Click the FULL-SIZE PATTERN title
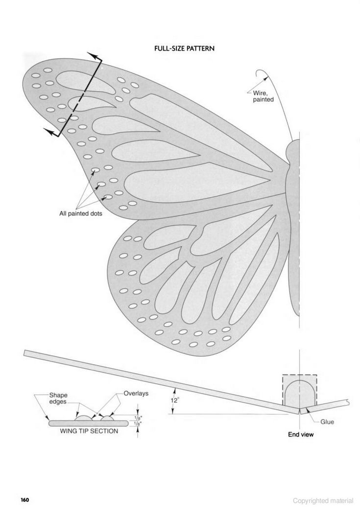click(x=184, y=48)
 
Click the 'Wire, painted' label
click(x=263, y=96)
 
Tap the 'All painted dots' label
click(x=81, y=214)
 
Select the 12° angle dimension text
click(x=175, y=400)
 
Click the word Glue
click(x=327, y=422)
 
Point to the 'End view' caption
click(x=301, y=435)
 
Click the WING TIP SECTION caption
click(x=89, y=431)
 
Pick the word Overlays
click(x=136, y=394)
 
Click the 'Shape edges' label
click(x=58, y=398)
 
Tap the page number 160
click(x=25, y=500)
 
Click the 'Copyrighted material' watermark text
click(x=323, y=501)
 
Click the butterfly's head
click(x=293, y=153)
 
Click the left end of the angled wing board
click(x=25, y=353)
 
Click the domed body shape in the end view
click(x=300, y=393)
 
